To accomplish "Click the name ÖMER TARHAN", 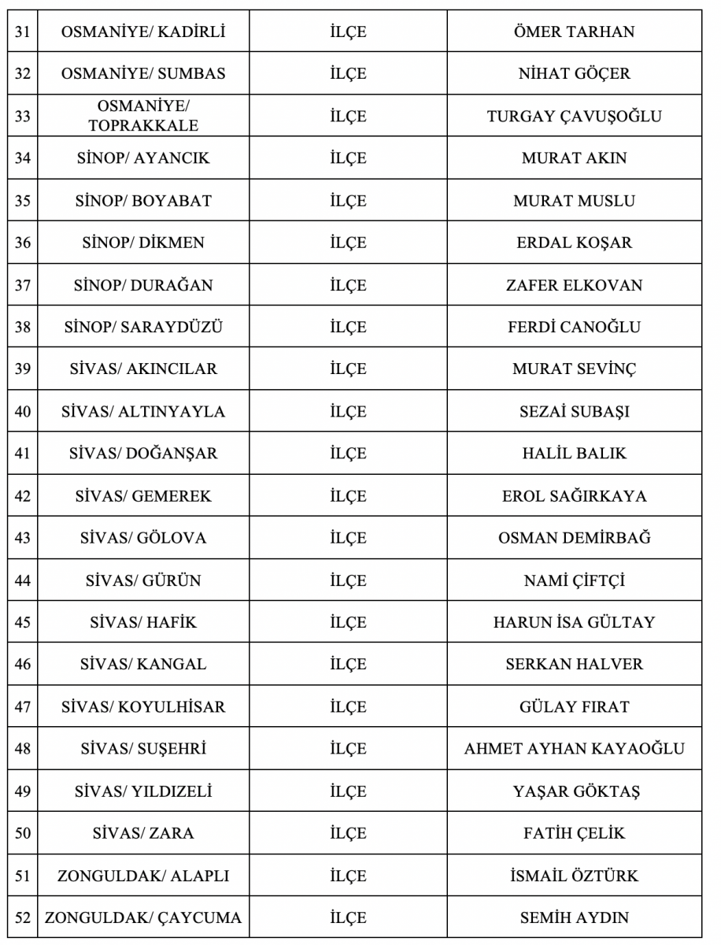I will (574, 32).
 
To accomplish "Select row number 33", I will (23, 116).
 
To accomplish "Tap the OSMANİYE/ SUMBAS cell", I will (143, 74).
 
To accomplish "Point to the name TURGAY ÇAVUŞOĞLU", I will (574, 117).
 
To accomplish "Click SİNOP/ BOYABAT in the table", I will (143, 201).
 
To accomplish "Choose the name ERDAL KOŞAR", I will (574, 243).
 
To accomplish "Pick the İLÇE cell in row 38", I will (348, 327).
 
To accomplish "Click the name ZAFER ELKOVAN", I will (574, 285).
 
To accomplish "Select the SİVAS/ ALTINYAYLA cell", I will (143, 411).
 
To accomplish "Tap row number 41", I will (23, 454).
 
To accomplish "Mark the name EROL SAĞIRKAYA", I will (574, 496).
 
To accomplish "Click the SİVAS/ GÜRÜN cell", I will (143, 580).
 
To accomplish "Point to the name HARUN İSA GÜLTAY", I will (574, 622).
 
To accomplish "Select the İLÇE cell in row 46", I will (348, 664).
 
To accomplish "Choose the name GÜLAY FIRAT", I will (574, 706).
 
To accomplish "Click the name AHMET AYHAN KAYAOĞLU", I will (574, 748).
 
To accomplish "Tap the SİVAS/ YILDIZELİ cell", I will (143, 791).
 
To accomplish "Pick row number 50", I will (23, 833).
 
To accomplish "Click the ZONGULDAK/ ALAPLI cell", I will (143, 876).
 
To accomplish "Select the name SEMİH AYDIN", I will (574, 917).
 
